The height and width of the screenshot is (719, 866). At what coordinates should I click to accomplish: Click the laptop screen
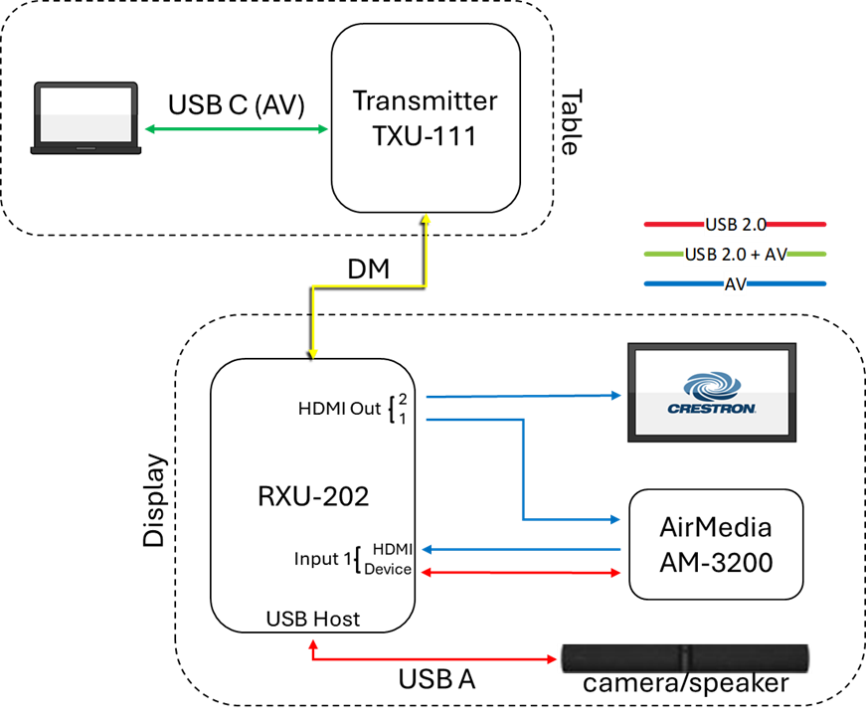[86, 114]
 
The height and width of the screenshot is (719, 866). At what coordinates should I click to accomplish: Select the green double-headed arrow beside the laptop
[237, 128]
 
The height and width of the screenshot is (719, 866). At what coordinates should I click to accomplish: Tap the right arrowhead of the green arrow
[323, 128]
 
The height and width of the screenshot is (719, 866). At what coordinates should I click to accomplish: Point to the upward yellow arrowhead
[427, 219]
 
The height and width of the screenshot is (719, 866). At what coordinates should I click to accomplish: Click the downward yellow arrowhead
[313, 352]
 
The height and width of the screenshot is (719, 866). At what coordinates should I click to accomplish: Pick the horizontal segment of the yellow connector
[370, 286]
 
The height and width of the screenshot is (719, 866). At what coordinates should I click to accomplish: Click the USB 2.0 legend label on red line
[735, 224]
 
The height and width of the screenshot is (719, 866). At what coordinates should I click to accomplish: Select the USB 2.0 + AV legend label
[735, 255]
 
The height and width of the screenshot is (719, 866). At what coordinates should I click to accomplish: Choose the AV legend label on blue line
[735, 284]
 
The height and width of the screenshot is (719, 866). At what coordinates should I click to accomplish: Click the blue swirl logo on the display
[711, 386]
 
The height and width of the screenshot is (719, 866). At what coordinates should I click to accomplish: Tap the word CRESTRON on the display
[712, 409]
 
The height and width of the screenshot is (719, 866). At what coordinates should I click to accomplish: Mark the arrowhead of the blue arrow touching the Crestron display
[616, 395]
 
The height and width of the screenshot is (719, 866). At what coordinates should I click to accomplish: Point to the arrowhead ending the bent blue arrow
[615, 519]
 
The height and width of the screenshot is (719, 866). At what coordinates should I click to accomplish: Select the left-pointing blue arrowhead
[428, 549]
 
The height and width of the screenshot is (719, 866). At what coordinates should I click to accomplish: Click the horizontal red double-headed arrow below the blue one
[521, 573]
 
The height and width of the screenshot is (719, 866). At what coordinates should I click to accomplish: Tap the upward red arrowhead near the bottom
[313, 643]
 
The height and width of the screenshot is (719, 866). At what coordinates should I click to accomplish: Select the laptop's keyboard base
[86, 149]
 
